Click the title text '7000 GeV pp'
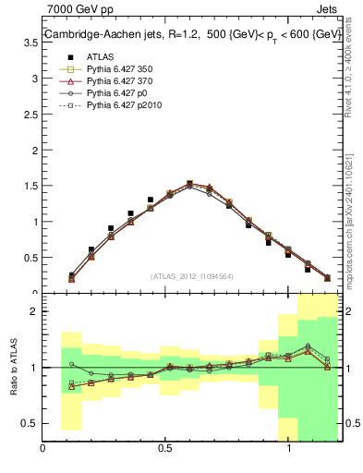tap(74, 8)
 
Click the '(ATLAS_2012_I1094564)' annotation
tap(193, 275)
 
